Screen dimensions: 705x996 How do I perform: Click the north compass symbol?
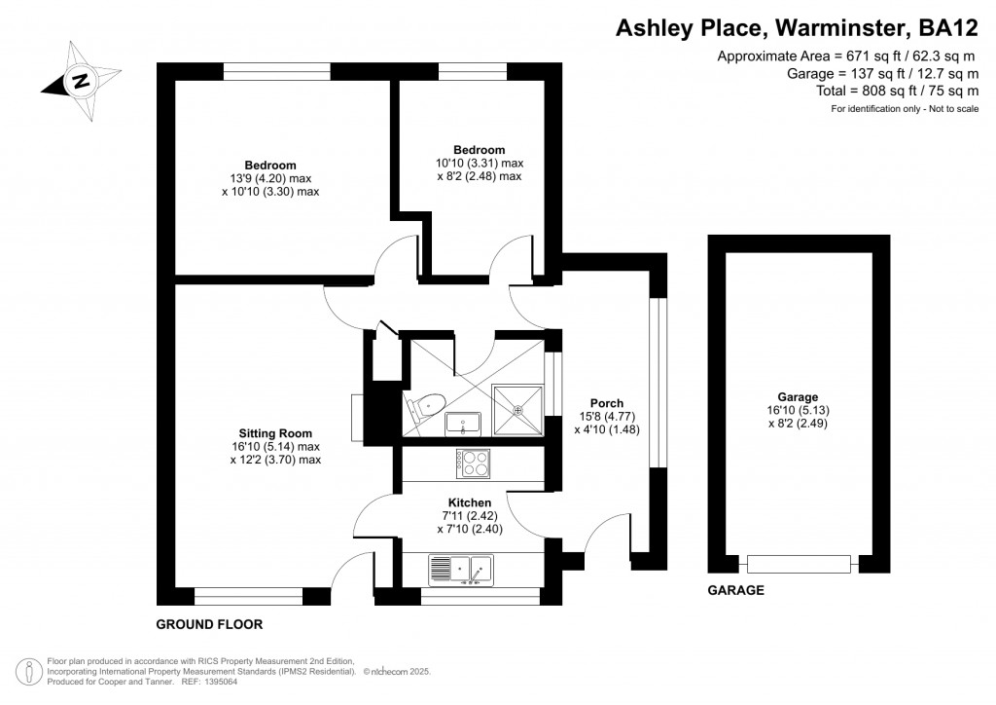(82, 81)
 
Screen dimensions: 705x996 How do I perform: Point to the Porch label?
(606, 403)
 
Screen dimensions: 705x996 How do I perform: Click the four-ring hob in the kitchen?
(474, 463)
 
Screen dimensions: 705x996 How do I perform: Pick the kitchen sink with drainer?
(461, 569)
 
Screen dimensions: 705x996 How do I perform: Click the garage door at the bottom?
(798, 564)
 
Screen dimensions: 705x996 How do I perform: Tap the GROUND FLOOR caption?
(209, 623)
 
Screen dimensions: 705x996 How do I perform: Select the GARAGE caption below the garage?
(735, 590)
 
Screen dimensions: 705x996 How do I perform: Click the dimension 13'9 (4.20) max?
(269, 178)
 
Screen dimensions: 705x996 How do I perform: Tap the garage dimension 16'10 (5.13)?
(797, 410)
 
